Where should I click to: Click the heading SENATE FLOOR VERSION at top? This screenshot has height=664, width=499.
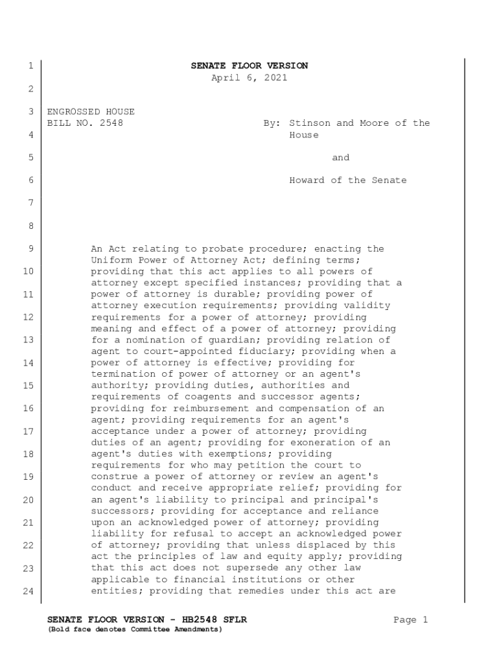click(249, 66)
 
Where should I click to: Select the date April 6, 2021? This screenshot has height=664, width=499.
click(249, 78)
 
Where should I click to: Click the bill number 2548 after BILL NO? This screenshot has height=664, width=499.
click(111, 123)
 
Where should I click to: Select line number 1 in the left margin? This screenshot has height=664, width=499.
click(30, 66)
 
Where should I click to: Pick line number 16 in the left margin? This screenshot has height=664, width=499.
click(28, 409)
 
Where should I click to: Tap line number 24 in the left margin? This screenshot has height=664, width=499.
click(28, 591)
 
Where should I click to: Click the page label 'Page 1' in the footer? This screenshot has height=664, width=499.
click(411, 620)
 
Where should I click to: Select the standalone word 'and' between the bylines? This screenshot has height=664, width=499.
click(340, 158)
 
